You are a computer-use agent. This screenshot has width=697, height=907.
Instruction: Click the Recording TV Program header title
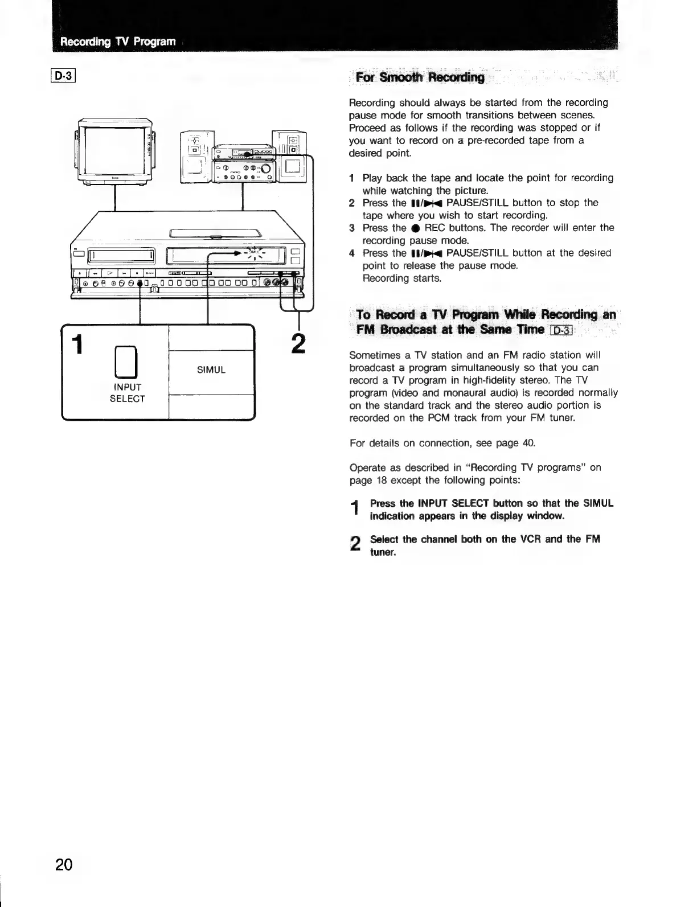coord(118,42)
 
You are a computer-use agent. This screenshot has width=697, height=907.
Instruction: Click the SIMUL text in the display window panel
coord(211,370)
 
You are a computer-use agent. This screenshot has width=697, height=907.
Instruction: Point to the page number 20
coord(64,865)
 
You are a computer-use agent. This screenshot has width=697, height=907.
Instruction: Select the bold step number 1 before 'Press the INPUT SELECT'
coord(355,508)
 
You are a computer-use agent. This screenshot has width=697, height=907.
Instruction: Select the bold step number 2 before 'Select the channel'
coord(355,544)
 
